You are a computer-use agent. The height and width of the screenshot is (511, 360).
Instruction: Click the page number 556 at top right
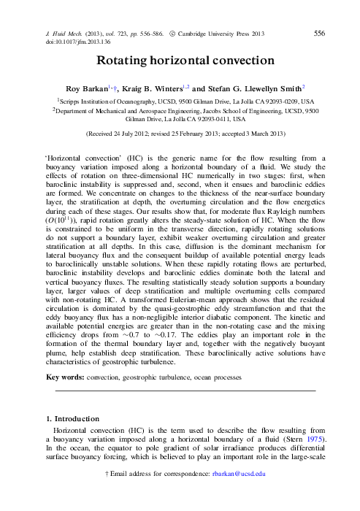click(x=319, y=33)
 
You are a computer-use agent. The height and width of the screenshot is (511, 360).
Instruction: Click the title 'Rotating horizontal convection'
click(x=180, y=64)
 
